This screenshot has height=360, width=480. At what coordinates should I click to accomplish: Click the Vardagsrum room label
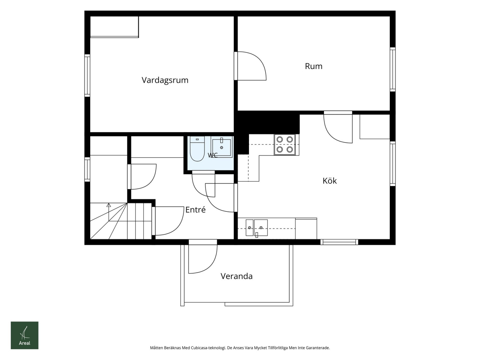point(165,80)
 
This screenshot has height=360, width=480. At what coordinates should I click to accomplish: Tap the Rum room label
point(313,66)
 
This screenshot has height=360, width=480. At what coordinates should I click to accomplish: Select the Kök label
point(329,181)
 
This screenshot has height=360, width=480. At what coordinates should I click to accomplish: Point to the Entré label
point(195,210)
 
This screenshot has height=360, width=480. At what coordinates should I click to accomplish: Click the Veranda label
point(236,276)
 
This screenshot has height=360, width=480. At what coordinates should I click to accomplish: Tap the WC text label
point(213,155)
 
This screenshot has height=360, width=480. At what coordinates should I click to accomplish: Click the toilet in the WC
point(197,148)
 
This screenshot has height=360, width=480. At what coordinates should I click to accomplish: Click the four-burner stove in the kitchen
point(285,145)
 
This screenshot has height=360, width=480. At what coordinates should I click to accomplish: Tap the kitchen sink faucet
point(257,235)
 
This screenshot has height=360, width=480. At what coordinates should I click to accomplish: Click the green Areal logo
point(25,335)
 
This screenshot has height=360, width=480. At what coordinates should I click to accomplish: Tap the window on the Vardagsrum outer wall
point(87,75)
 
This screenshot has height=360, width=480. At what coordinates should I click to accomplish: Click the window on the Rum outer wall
point(393,69)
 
